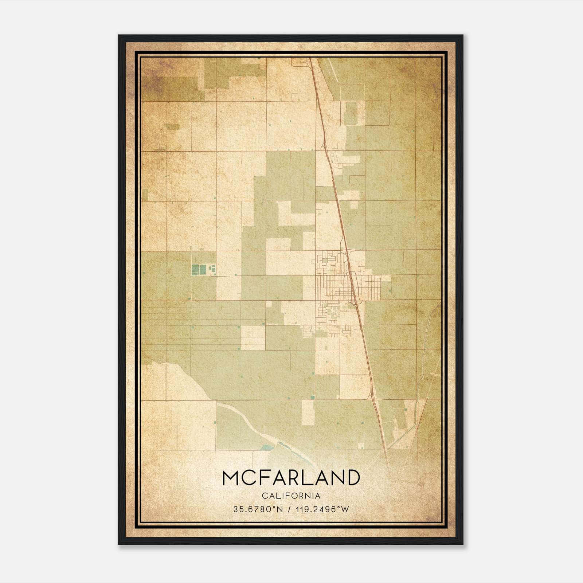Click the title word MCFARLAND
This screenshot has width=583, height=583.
pos(291,478)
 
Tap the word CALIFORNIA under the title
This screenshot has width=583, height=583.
pos(291,496)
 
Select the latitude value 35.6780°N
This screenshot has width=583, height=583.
pos(258,509)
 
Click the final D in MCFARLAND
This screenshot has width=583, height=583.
pos(353,478)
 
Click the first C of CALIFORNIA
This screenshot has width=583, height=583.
pos(264,496)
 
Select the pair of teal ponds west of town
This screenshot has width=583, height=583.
pos(199,270)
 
